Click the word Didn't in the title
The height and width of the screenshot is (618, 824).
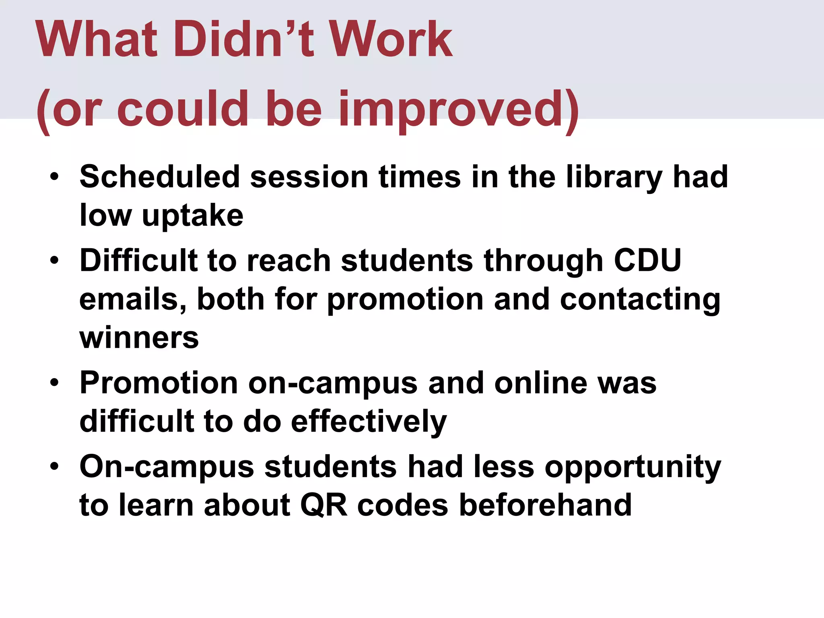tap(243, 39)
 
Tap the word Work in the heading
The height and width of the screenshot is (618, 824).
tap(392, 39)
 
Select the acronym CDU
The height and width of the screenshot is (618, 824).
tap(647, 260)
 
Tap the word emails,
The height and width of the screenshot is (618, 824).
tap(133, 299)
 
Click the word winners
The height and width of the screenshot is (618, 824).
tap(139, 338)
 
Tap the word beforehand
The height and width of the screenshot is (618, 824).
tap(545, 505)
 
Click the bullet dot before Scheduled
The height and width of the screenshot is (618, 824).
tap(54, 177)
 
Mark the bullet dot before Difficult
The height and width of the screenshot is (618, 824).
tap(54, 260)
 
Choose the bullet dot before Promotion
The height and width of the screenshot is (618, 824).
tap(54, 383)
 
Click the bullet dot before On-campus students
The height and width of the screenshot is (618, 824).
tap(54, 466)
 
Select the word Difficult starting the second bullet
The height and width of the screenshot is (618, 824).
tap(138, 260)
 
